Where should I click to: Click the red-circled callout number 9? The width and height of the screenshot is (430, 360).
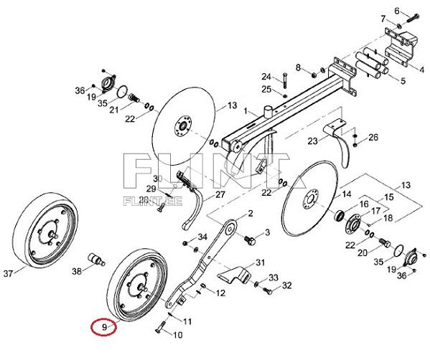(103, 327)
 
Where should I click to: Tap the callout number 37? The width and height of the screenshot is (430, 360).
(9, 273)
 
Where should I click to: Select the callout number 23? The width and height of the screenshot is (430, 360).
(312, 140)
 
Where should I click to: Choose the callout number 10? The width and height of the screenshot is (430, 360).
(179, 334)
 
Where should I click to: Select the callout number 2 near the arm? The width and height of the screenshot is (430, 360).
(251, 214)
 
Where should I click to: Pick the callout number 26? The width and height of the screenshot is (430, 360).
(373, 137)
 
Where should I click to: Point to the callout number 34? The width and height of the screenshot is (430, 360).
(202, 237)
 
